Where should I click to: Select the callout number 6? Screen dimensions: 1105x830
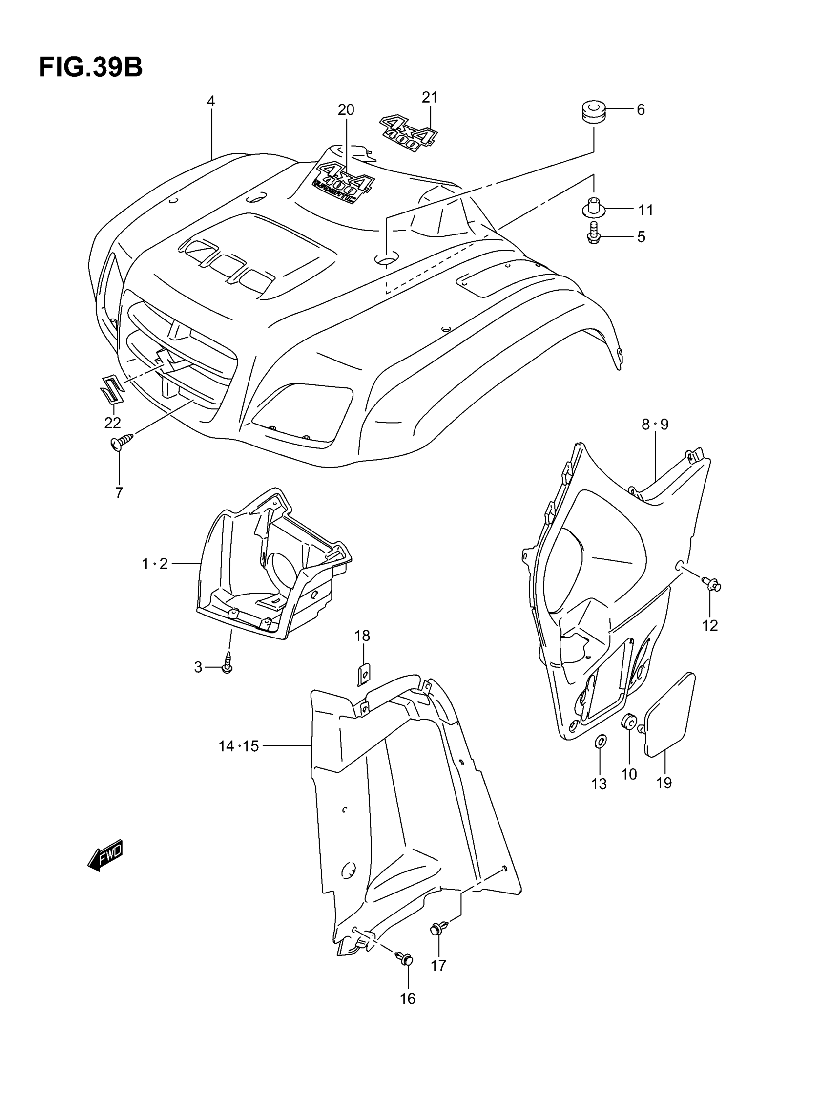pyautogui.click(x=641, y=109)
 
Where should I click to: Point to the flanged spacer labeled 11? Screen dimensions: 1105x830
pyautogui.click(x=594, y=207)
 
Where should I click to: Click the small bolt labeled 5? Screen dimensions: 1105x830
pyautogui.click(x=593, y=233)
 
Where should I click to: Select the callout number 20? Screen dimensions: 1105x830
pyautogui.click(x=346, y=109)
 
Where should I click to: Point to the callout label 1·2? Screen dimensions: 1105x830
pyautogui.click(x=154, y=564)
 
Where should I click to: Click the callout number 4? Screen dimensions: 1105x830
pyautogui.click(x=211, y=102)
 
